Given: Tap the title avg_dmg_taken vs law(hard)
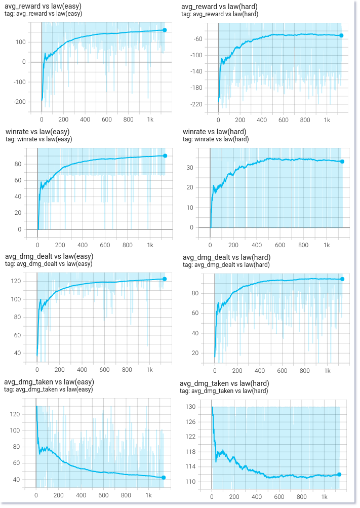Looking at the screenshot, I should pyautogui.click(x=224, y=383).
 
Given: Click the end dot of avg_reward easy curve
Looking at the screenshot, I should pyautogui.click(x=165, y=30).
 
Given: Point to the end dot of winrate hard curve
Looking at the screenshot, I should pyautogui.click(x=342, y=162).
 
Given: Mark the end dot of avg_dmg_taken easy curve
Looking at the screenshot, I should pyautogui.click(x=164, y=478).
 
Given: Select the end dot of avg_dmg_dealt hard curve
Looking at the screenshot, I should pyautogui.click(x=342, y=279).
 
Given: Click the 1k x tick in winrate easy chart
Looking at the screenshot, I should pyautogui.click(x=150, y=245).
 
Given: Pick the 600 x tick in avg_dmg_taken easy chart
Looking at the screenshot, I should pyautogui.click(x=103, y=495).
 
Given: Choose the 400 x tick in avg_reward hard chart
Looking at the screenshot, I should pyautogui.click(x=262, y=121).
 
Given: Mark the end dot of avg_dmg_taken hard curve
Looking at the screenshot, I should pyautogui.click(x=339, y=475).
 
